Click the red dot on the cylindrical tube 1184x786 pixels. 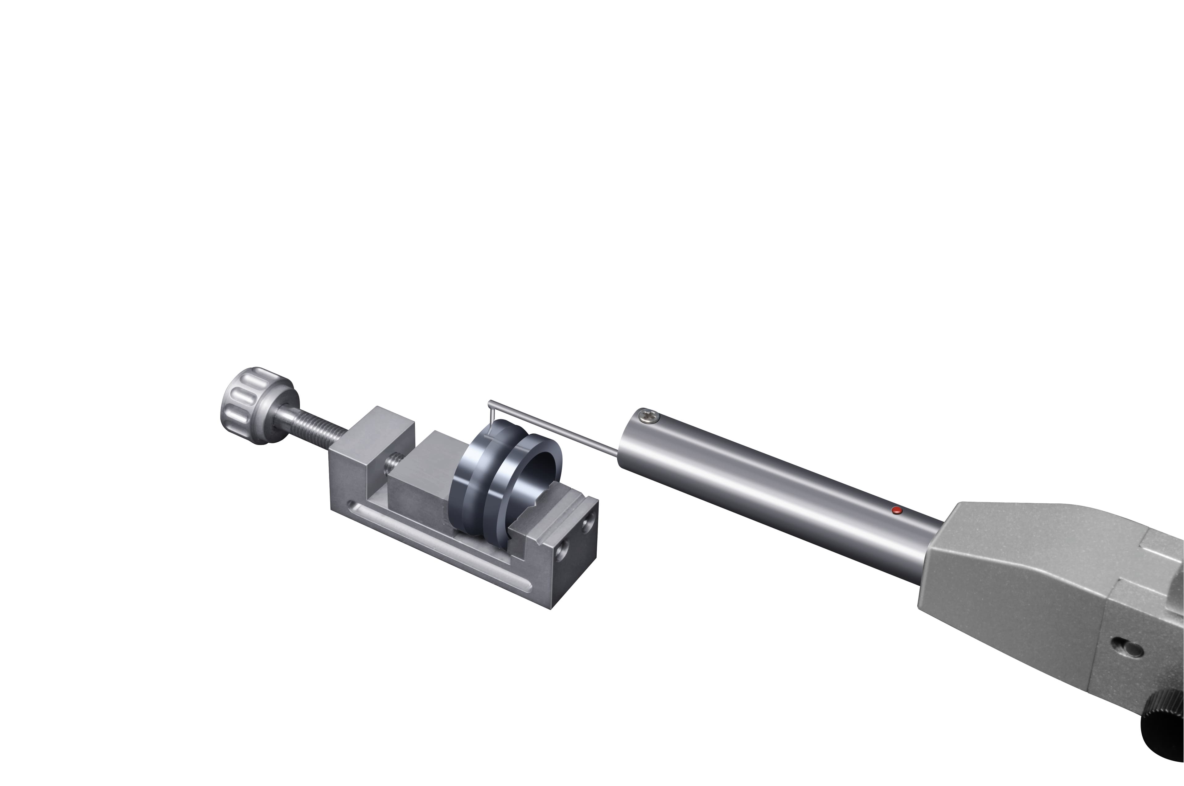[x=898, y=511]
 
